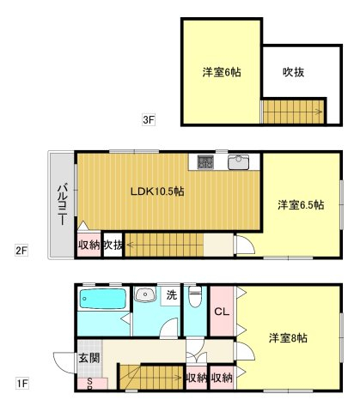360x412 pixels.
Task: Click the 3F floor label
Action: (x=149, y=119)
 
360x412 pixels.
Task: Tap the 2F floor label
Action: (x=21, y=251)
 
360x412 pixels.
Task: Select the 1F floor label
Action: (x=21, y=384)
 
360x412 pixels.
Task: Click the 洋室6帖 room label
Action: (x=222, y=72)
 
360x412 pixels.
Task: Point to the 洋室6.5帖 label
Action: (x=301, y=205)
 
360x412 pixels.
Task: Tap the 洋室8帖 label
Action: (x=288, y=338)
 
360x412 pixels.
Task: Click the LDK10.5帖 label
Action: (x=157, y=191)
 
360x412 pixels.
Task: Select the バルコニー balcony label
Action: (x=63, y=205)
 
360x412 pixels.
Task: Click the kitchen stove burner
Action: (x=205, y=162)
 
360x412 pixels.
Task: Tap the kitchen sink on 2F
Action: (x=238, y=162)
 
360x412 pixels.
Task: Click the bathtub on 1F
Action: (x=102, y=299)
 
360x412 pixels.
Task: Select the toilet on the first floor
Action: (x=195, y=296)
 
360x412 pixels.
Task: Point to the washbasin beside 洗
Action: (x=145, y=294)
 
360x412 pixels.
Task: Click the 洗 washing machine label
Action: (x=172, y=295)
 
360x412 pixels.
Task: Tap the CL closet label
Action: (x=222, y=312)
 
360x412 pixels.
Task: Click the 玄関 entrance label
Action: (x=89, y=358)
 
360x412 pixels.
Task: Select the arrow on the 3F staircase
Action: (x=316, y=112)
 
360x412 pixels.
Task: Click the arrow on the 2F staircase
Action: (x=132, y=245)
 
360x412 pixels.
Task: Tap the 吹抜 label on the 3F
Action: (x=293, y=72)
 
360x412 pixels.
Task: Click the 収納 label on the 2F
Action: (x=89, y=245)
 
